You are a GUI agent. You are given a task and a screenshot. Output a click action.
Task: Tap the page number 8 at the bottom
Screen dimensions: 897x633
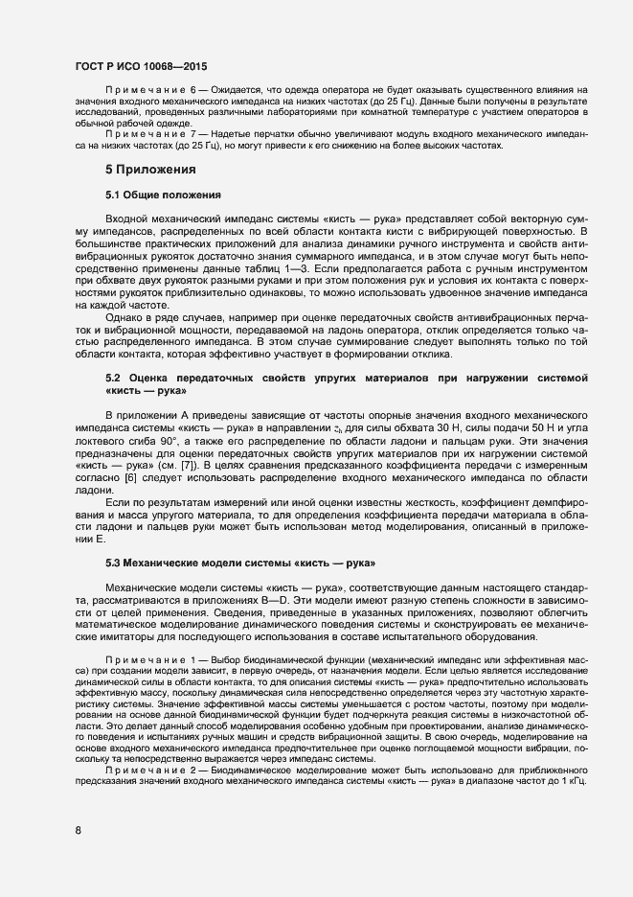pyautogui.click(x=78, y=830)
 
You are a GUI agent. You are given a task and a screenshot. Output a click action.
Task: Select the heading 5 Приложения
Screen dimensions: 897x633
pyautogui.click(x=151, y=170)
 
